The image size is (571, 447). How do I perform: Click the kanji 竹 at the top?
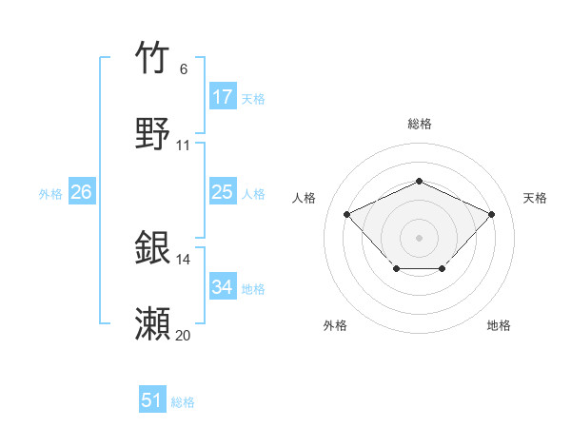pos(153,59)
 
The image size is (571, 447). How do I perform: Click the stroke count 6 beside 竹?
pos(184,69)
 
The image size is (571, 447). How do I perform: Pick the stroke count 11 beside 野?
pos(184,146)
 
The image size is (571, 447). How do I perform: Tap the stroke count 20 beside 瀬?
pos(184,336)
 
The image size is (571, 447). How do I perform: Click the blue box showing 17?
pos(223,97)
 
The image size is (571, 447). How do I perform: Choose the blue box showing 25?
pos(223,192)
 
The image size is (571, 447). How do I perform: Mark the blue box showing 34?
pos(223,287)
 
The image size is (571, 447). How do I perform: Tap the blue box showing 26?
pos(81,192)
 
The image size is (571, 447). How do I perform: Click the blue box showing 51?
pos(152,400)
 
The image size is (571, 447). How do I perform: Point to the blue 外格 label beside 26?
pos(50,194)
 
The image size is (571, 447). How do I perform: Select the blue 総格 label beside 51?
pos(183,402)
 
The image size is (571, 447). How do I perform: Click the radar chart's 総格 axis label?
pos(419,125)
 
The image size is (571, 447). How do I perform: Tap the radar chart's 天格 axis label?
pos(535,198)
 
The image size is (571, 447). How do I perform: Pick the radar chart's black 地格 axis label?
pos(499,326)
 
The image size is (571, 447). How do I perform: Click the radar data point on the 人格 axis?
pos(347,214)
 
